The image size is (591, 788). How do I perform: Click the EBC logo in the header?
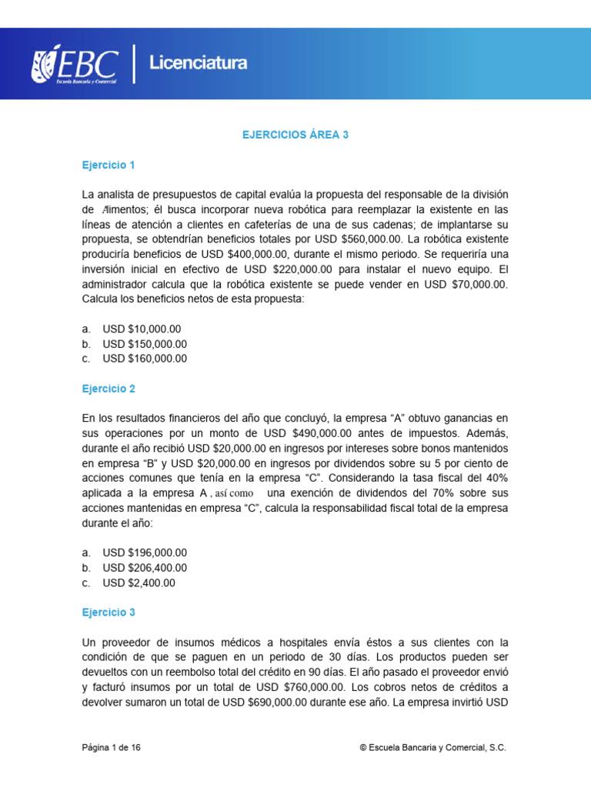(75, 65)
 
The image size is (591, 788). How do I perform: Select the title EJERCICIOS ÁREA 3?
(295, 135)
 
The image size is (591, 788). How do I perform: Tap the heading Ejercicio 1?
(109, 165)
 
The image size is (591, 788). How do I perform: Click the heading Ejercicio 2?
(109, 389)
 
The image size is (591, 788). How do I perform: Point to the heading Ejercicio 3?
(109, 613)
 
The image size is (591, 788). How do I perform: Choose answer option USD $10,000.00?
(142, 329)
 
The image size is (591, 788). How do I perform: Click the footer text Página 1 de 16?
(112, 747)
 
